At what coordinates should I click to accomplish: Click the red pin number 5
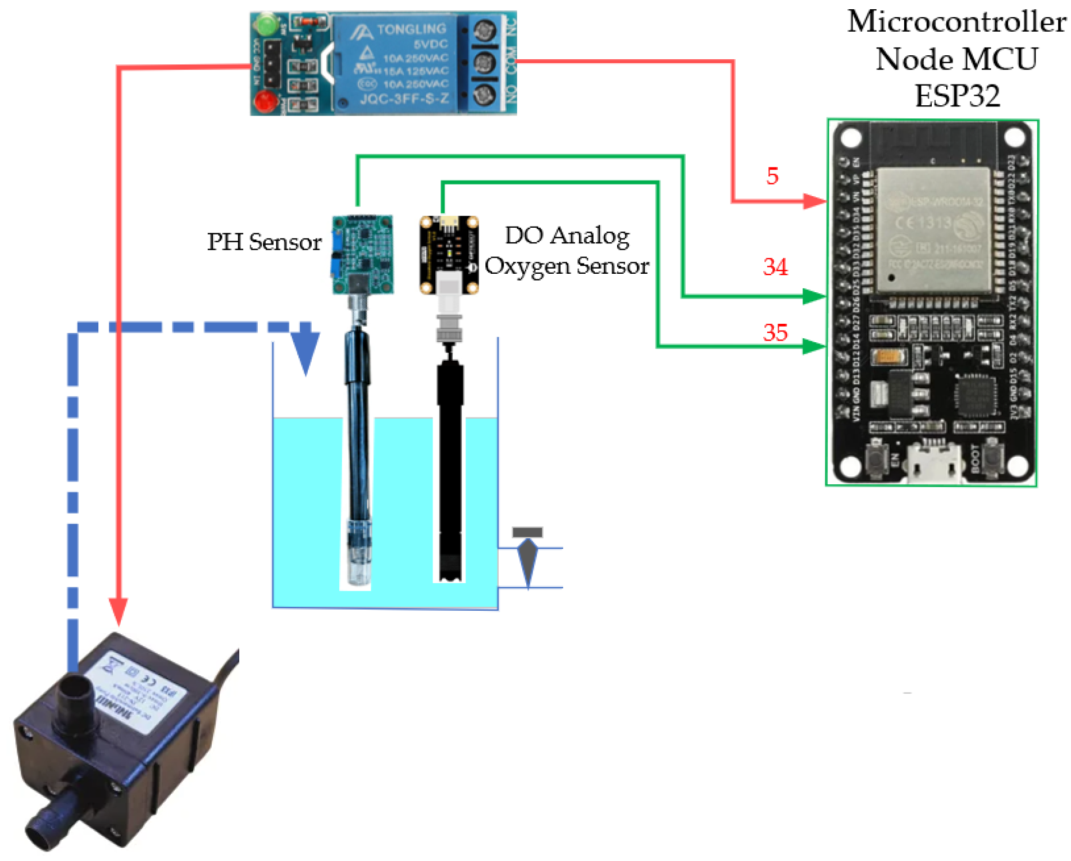click(x=772, y=176)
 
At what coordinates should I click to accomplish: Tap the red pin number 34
click(x=775, y=267)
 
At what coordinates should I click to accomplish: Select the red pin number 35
click(x=775, y=332)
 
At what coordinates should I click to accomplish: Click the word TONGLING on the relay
click(x=411, y=29)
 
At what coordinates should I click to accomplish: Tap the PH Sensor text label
click(x=264, y=242)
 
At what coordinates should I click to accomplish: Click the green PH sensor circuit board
click(x=363, y=253)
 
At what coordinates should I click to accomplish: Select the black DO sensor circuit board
click(x=449, y=254)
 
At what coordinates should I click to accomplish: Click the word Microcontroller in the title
click(x=956, y=22)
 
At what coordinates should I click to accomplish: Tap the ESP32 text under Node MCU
click(x=957, y=96)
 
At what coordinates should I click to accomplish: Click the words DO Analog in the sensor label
click(x=567, y=235)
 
